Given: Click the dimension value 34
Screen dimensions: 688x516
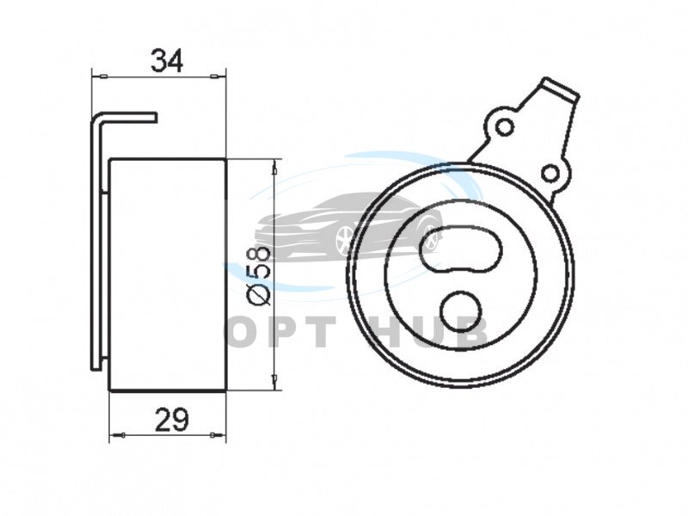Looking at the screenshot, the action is point(166,60).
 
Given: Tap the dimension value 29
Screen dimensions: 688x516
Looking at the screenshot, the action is point(172,420).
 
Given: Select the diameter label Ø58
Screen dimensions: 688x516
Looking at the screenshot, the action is point(258,275).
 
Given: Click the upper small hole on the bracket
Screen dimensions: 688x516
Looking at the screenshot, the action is point(505,127).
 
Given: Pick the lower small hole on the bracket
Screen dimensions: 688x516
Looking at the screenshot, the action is point(551,174).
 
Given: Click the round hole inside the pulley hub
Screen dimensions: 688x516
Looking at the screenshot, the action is point(461,311).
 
